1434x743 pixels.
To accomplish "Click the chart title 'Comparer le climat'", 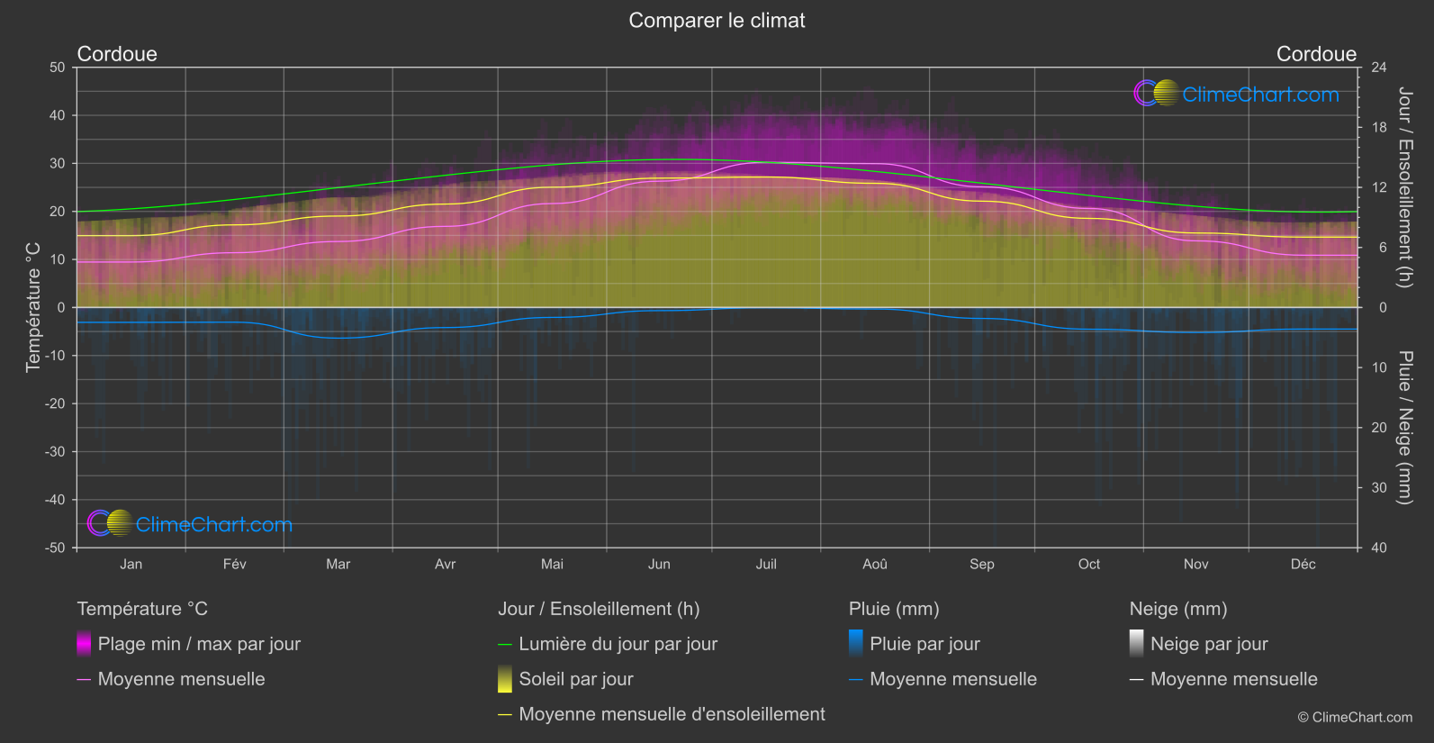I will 717,21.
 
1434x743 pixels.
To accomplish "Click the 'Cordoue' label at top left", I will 117,54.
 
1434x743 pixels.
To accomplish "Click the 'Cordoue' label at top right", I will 1316,54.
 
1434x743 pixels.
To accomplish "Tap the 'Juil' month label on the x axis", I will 766,564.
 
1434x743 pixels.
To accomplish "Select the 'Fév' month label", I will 234,564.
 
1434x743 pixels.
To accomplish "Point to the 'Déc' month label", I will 1303,564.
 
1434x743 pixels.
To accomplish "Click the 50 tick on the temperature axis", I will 58,68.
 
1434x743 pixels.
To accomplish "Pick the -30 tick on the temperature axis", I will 55,452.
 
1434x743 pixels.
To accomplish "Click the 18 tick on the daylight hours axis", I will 1379,128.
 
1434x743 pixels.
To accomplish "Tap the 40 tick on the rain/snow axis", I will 1379,548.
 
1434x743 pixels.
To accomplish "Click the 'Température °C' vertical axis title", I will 33,306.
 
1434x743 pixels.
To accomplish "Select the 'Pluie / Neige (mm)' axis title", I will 1404,427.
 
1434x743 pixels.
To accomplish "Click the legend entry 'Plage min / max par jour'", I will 199,644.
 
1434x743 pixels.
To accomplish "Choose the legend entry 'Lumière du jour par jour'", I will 618,644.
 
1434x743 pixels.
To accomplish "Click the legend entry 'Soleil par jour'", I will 576,679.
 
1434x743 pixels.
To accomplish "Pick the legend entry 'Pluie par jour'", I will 924,644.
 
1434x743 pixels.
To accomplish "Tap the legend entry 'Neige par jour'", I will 1209,644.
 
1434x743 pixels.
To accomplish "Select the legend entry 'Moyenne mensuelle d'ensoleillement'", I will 672,714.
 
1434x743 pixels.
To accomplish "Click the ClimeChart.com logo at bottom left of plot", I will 190,524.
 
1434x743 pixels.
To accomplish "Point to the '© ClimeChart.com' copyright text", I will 1355,718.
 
